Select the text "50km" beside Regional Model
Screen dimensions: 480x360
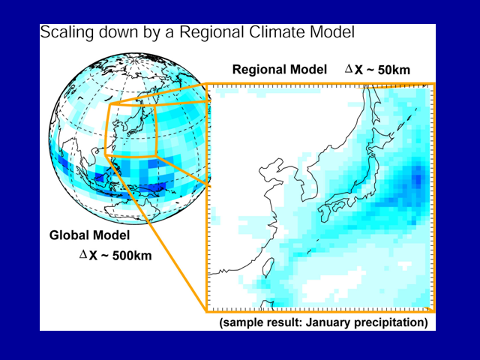[394, 70]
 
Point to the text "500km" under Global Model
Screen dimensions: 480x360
[132, 256]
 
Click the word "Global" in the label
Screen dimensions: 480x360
[70, 235]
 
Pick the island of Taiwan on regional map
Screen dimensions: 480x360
[268, 267]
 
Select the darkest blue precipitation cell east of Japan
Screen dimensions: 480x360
[417, 178]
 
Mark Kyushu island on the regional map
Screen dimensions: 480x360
[324, 213]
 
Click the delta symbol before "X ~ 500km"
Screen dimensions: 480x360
[83, 253]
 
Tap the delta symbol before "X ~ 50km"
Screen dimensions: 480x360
[349, 68]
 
